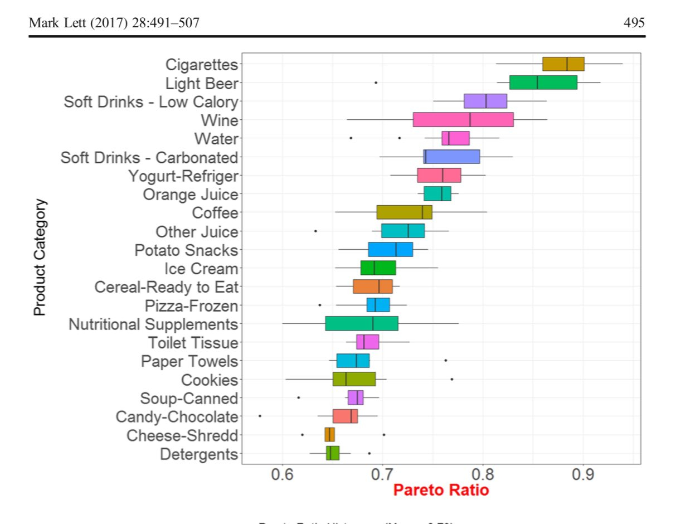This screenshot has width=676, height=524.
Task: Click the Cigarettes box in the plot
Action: coord(563,64)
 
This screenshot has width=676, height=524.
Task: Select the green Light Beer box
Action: coord(543,83)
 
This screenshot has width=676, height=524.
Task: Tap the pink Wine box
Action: coord(463,120)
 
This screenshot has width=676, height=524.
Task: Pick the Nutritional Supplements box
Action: coord(361,323)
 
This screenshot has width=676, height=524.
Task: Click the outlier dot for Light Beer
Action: coord(376,83)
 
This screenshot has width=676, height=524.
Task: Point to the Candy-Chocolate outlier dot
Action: coord(260,416)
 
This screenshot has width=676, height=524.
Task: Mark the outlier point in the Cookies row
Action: coord(451,379)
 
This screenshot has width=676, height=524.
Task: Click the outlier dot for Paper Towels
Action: coord(445,360)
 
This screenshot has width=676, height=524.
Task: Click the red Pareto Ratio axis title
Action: coord(440,491)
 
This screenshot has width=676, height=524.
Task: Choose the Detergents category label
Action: coord(199,454)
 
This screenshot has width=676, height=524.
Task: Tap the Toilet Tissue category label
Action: coord(193,343)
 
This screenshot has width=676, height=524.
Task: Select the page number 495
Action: coord(635,23)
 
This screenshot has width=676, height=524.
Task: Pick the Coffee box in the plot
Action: coord(404,212)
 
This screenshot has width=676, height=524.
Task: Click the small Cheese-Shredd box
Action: coord(330,435)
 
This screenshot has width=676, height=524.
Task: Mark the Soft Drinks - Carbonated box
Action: coord(451,157)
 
